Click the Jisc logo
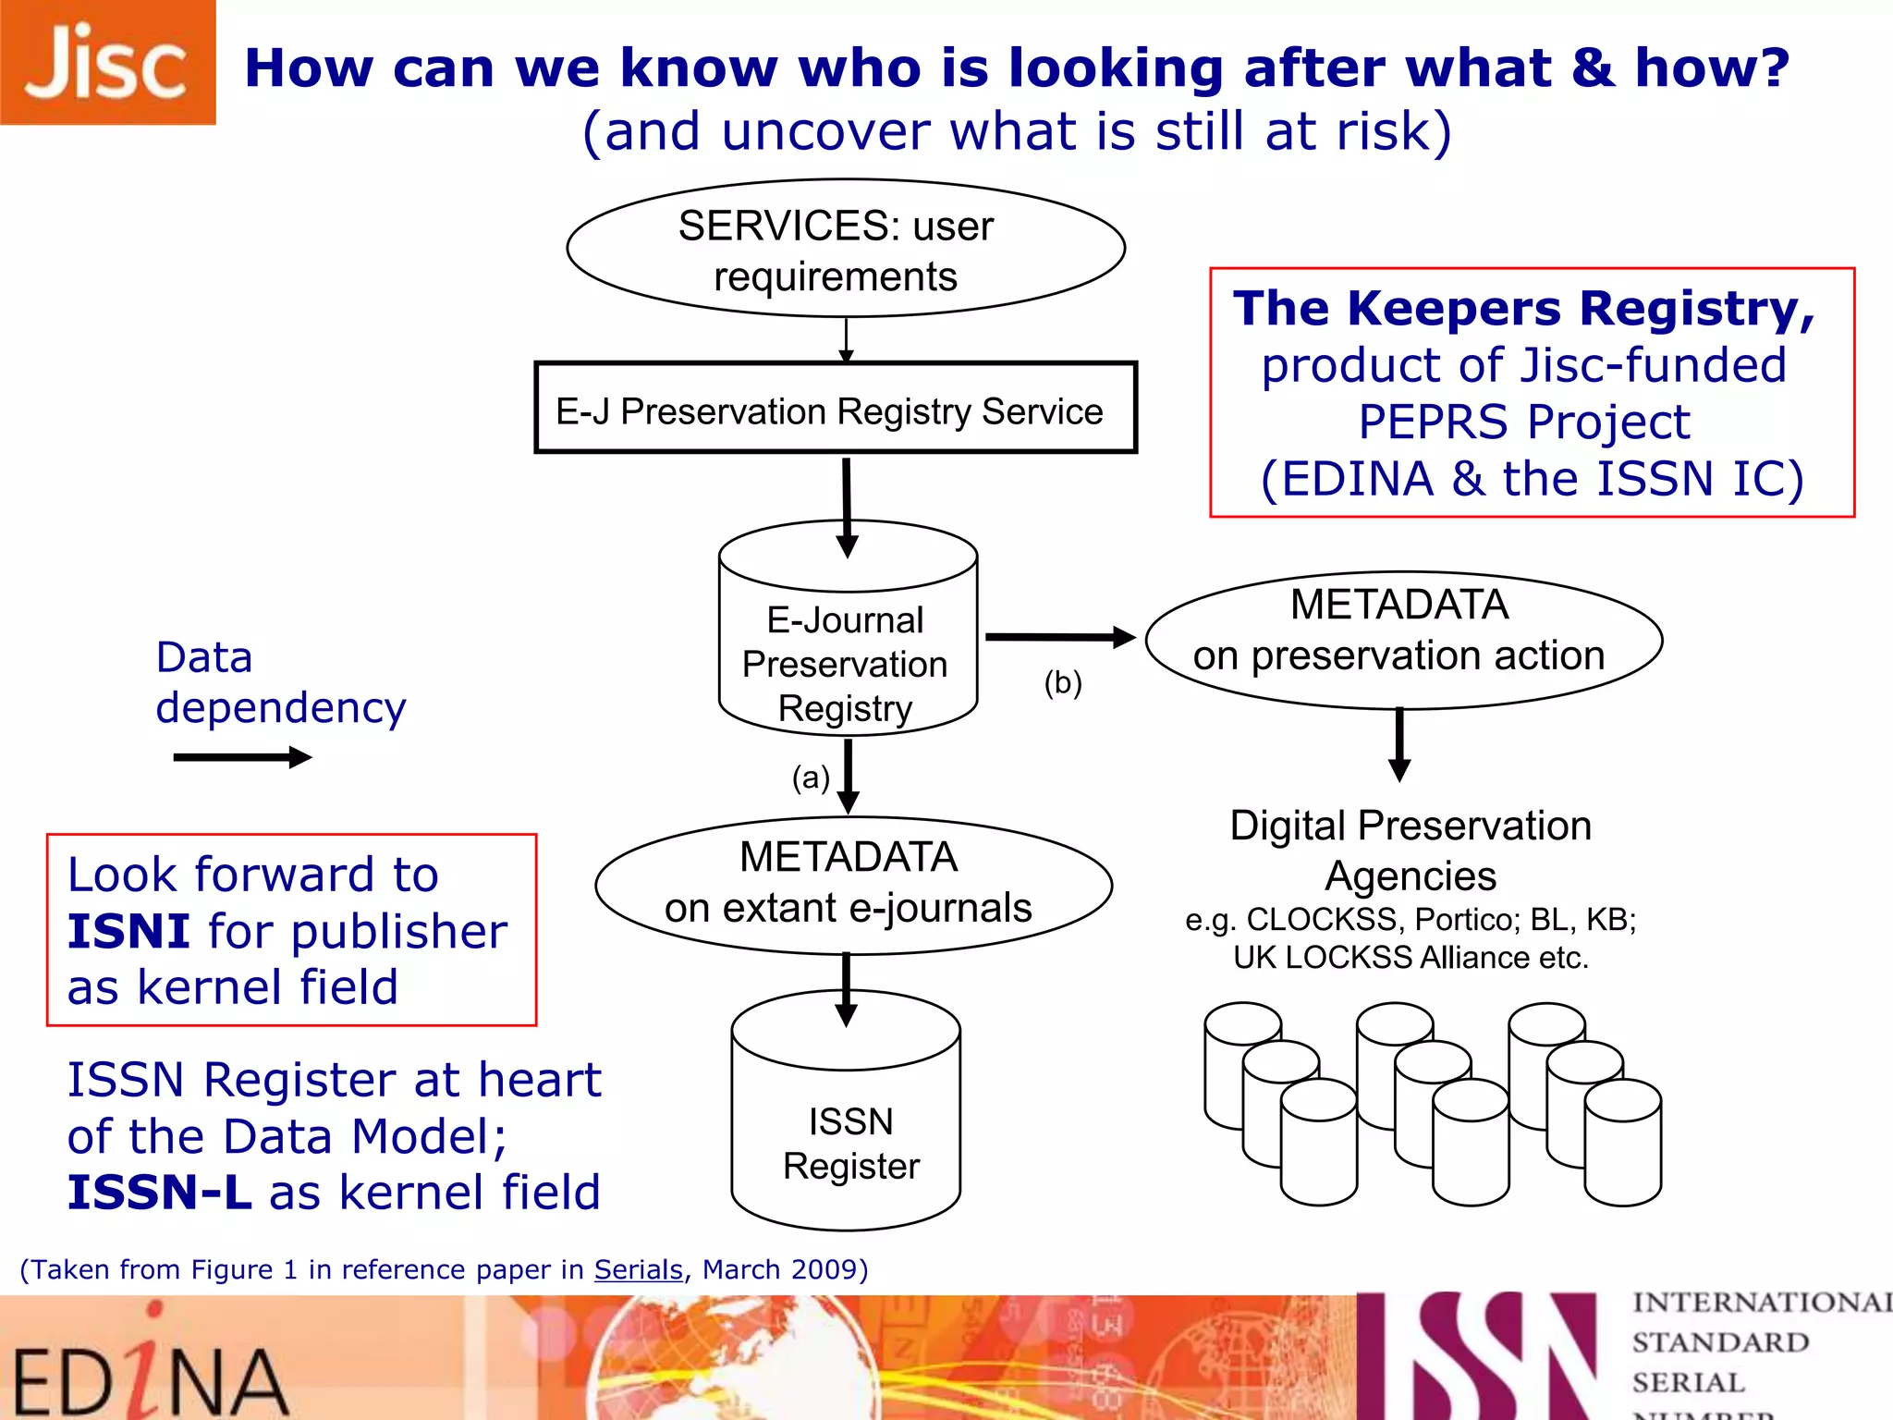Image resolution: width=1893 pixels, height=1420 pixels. (107, 63)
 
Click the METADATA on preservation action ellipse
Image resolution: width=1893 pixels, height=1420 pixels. (1402, 640)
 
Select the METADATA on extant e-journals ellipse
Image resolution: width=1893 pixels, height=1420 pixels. (852, 885)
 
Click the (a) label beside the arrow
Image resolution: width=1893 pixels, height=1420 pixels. (811, 777)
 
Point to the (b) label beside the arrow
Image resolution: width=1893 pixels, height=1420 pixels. (1062, 682)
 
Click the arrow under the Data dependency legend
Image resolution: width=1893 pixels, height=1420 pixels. (242, 757)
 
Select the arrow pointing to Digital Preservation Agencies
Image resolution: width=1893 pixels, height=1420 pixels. (1399, 745)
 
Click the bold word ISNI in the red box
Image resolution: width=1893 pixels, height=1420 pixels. (128, 931)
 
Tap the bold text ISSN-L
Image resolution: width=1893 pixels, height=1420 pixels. (159, 1193)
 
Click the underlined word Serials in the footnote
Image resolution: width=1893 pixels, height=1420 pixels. (638, 1269)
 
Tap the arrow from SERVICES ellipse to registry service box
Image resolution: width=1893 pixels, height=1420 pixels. (846, 340)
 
